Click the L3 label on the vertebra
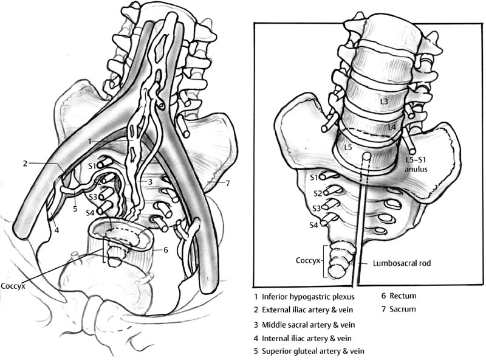click(383, 102)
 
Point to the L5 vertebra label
click(347, 148)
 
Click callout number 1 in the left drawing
click(89, 141)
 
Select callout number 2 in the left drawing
click(26, 163)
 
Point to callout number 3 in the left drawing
click(148, 181)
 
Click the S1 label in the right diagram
click(313, 178)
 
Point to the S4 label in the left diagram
click(91, 212)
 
